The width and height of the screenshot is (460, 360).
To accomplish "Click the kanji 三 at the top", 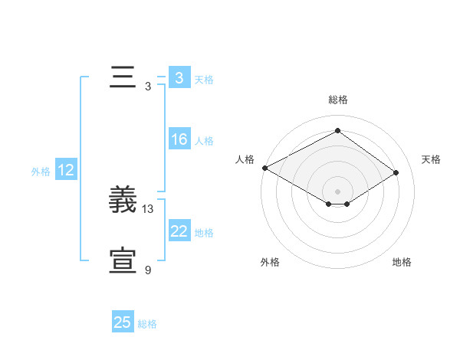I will click(123, 78).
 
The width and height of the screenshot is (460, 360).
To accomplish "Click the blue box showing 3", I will click(179, 78).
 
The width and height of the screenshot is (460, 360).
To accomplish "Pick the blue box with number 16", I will click(179, 140).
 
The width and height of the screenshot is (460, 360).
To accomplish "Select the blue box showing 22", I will click(179, 231).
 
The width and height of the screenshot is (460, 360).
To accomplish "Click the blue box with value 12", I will click(65, 170).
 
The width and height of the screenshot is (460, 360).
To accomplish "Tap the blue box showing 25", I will click(123, 322).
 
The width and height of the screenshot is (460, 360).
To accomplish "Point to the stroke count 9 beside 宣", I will click(148, 270).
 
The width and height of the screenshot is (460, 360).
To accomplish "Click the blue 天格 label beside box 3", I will click(203, 79).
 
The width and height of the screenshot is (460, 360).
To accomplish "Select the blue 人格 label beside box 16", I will click(203, 141).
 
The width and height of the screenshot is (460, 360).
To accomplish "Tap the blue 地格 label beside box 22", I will click(203, 232).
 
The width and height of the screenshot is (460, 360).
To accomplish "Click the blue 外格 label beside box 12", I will click(41, 172).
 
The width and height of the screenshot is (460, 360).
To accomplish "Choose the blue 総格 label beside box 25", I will click(147, 324).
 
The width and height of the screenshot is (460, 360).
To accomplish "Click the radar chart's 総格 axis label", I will click(337, 100).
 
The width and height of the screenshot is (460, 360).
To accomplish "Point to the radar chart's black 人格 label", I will click(245, 159).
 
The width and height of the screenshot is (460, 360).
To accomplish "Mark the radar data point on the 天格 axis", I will click(396, 173).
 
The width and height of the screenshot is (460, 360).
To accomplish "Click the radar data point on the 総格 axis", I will click(337, 131).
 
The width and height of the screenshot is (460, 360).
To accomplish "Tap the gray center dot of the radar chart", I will click(337, 191).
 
